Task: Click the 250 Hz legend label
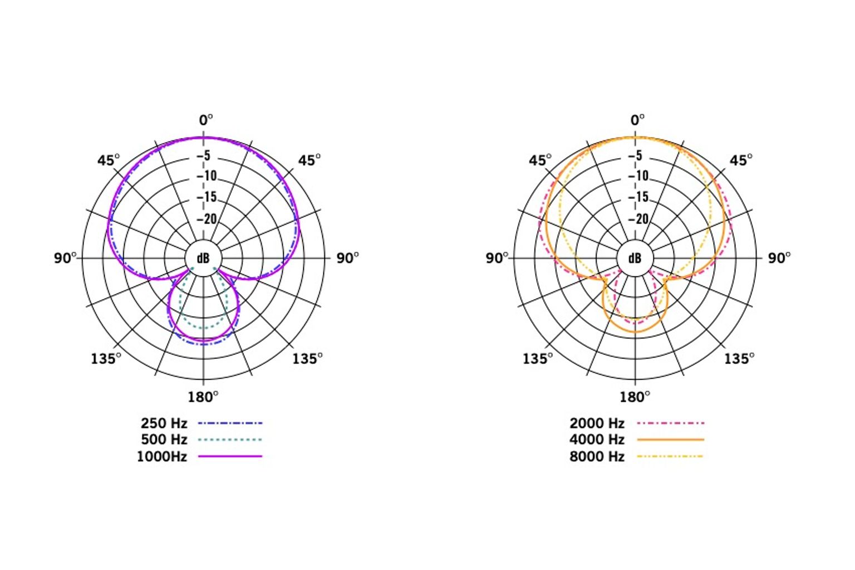click(x=164, y=423)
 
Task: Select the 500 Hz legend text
click(x=164, y=440)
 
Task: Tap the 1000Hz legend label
click(x=161, y=457)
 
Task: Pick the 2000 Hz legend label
click(x=597, y=423)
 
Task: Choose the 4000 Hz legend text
click(x=597, y=440)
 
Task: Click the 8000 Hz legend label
click(x=597, y=457)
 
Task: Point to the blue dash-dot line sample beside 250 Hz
click(x=229, y=423)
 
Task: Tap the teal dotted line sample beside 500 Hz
click(x=229, y=440)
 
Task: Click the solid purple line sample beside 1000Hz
click(x=229, y=456)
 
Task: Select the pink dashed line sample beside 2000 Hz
click(x=670, y=423)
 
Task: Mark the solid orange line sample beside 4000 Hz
click(x=670, y=440)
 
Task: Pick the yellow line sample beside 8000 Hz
click(x=670, y=456)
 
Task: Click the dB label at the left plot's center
click(x=203, y=259)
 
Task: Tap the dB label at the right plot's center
click(x=635, y=259)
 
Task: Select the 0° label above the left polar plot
click(x=206, y=120)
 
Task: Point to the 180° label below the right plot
click(x=635, y=397)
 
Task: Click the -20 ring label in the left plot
click(x=207, y=219)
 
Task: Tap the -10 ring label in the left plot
click(x=207, y=176)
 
